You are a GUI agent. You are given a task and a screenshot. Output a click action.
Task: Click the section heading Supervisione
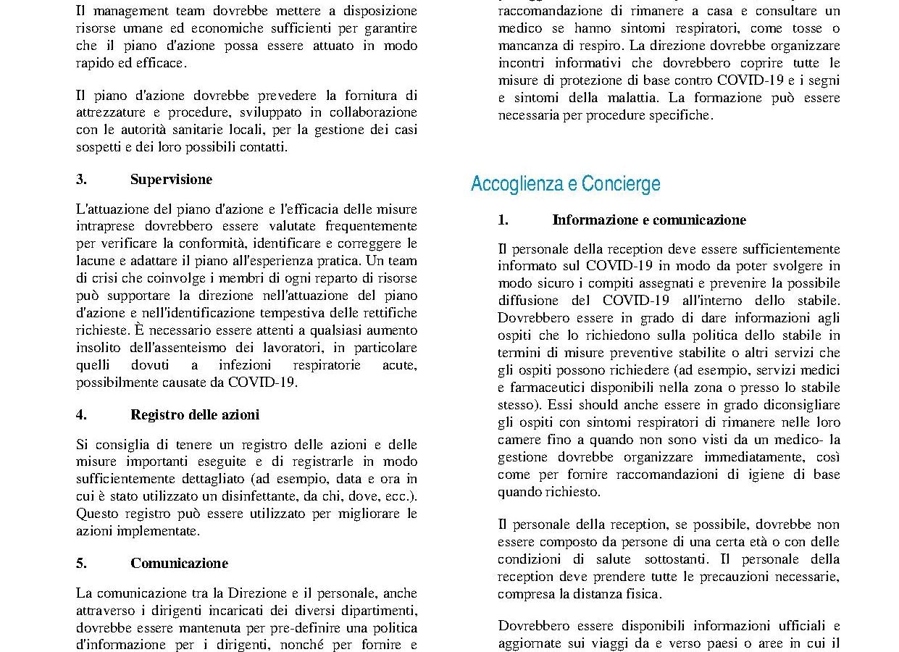(171, 180)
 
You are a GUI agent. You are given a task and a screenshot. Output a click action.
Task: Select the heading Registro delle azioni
(194, 414)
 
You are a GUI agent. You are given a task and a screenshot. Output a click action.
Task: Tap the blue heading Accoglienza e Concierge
(565, 184)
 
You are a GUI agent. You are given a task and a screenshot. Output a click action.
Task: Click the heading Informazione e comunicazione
(648, 220)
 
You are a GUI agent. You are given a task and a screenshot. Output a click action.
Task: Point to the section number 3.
(81, 180)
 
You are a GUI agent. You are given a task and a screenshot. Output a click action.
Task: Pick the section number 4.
(81, 414)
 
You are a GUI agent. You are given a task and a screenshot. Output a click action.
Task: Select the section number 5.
(81, 563)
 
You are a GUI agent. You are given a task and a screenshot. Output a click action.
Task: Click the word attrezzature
(110, 112)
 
